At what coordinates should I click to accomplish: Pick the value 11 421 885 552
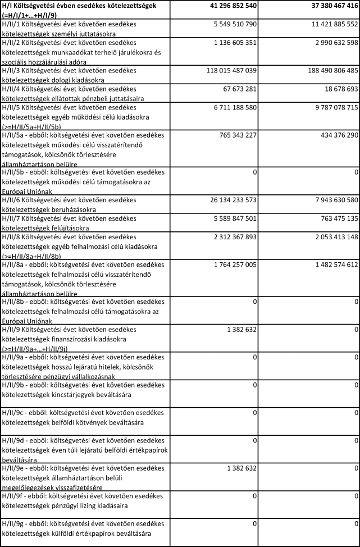click(x=326, y=25)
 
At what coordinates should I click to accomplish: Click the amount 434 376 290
click(x=334, y=135)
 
